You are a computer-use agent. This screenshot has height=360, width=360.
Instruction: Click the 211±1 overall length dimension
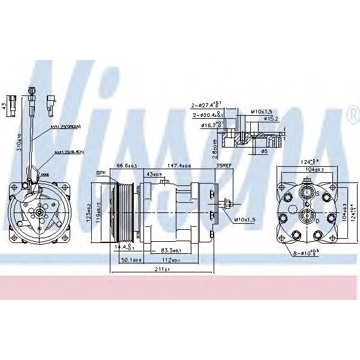pos(160,269)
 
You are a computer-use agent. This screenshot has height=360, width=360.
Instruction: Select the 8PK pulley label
pos(101,173)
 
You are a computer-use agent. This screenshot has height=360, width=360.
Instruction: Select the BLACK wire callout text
pos(69,152)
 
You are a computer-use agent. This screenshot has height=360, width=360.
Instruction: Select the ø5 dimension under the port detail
pos(265,151)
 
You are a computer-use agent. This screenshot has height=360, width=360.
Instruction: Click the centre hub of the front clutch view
pos(38,212)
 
